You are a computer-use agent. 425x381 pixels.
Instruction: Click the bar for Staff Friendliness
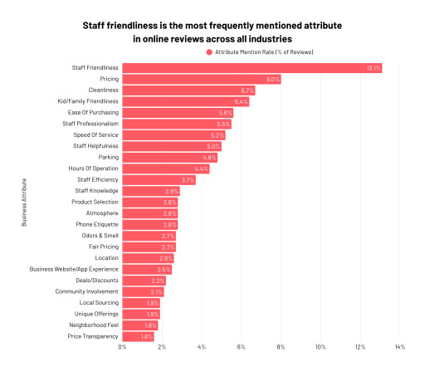pos(252,67)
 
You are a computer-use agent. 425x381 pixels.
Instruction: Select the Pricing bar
pos(201,79)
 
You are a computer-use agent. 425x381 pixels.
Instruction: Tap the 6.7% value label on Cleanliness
pos(247,90)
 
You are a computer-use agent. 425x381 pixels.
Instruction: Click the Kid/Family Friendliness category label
pos(86,101)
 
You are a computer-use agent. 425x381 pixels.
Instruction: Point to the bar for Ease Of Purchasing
pos(178,112)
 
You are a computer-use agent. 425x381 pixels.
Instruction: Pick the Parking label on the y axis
pos(108,157)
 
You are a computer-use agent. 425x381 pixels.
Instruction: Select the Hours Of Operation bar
pos(165,169)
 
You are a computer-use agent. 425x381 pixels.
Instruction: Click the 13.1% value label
pos(373,67)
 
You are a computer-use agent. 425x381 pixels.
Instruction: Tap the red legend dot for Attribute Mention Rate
pos(209,52)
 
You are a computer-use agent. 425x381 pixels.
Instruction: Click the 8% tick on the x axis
pos(281,347)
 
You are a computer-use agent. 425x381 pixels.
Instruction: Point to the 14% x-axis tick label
pos(399,347)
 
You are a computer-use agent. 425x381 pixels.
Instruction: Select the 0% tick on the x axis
pos(122,347)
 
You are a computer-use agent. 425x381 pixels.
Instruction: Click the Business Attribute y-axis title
pos(24,202)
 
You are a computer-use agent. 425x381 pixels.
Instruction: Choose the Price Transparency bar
pos(138,336)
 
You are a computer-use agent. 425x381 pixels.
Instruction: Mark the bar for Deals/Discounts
pos(144,281)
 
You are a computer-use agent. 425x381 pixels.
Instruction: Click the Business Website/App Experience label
pos(74,269)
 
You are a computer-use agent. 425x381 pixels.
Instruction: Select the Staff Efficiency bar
pos(159,179)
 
